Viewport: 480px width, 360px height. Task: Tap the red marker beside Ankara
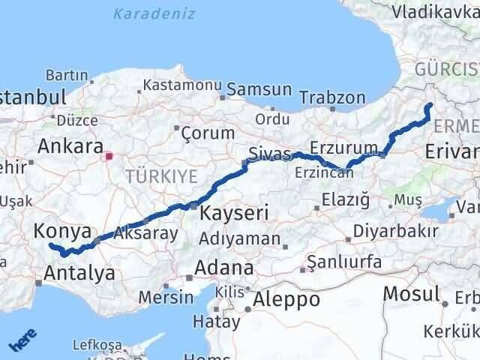click(x=109, y=157)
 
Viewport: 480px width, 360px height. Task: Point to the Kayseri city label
click(x=234, y=213)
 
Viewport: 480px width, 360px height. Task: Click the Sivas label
click(x=268, y=154)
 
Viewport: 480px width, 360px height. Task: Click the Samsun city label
click(x=259, y=88)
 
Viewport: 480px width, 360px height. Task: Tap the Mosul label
click(x=412, y=293)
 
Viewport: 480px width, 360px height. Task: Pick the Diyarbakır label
click(x=395, y=230)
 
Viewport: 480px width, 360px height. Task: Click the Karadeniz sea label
click(x=155, y=13)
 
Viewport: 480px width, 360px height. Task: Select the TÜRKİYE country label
click(x=162, y=176)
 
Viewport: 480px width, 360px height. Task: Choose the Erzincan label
click(x=324, y=172)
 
